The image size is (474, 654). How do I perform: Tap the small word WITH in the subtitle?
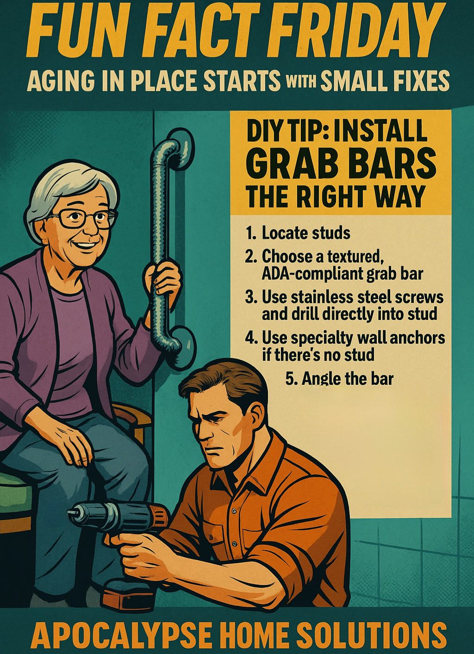coord(300,82)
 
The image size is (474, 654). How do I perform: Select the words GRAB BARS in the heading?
coord(341,164)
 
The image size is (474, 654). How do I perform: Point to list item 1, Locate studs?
coord(298,233)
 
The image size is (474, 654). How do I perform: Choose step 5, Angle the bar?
coord(339,379)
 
